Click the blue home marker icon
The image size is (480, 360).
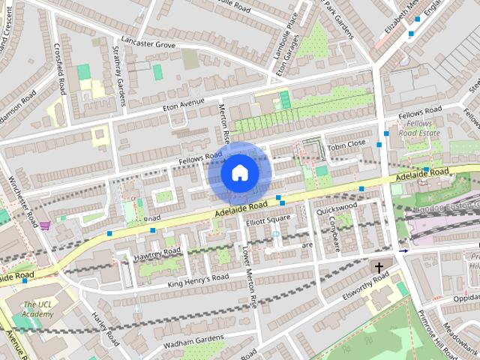239,173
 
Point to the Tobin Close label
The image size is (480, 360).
346,143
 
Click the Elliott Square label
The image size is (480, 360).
268,219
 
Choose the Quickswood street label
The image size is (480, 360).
337,207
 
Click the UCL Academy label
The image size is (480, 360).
37,309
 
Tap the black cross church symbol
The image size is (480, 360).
379,267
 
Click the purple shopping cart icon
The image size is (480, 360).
45,225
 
